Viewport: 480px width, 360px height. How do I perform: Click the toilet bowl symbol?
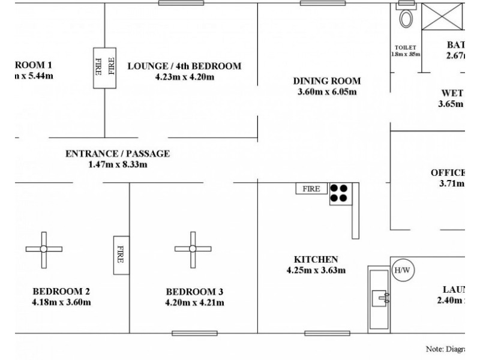coord(406,18)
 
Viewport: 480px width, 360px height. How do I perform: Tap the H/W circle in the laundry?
coord(401,271)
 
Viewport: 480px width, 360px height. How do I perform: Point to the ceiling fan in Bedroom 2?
coord(44,249)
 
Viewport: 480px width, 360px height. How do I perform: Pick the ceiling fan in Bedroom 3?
coord(193,249)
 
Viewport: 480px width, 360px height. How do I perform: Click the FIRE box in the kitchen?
coord(311,188)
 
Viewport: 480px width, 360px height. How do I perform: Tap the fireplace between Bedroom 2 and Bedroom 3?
coord(121,255)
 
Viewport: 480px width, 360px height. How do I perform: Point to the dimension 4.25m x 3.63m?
coord(316,270)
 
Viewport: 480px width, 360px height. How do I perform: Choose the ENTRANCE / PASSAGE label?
coord(118,154)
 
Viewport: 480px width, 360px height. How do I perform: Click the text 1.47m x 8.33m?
coord(118,164)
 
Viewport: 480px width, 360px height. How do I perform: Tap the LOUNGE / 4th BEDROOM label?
coord(184,66)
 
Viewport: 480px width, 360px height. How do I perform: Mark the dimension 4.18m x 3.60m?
coord(62,302)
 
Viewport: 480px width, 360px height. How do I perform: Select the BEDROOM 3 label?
coord(194,292)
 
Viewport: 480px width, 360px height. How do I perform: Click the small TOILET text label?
coord(406,47)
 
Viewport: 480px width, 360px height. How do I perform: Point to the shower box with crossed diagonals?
coord(443,16)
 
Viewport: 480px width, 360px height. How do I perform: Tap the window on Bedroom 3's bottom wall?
coord(186,333)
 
